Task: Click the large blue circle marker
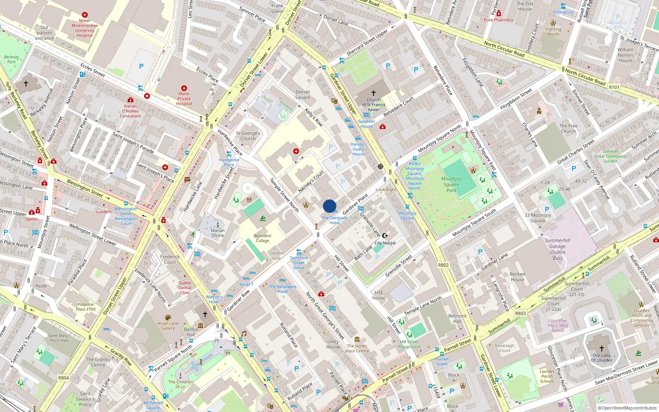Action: point(329,206)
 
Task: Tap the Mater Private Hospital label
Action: point(184,98)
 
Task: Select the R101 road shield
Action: point(614,87)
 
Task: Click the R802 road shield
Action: point(443,265)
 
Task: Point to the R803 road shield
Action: point(520,313)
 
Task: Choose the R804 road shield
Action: point(63,377)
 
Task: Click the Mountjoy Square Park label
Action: point(451,184)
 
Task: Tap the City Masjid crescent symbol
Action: point(385,236)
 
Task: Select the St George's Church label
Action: point(248,136)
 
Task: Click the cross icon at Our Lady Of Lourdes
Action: point(602,349)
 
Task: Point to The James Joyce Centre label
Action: point(357,349)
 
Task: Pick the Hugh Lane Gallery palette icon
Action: point(168,318)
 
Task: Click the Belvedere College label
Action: point(262,238)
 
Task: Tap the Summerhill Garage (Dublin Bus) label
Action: point(557,249)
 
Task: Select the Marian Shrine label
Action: point(217,233)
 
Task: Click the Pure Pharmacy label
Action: point(498,20)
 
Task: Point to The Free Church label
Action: point(568,128)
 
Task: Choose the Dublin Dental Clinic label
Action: point(185,288)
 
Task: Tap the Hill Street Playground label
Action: point(409,344)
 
